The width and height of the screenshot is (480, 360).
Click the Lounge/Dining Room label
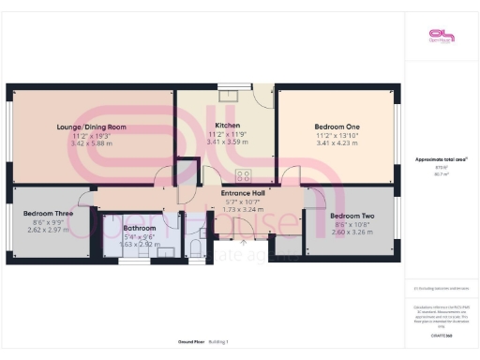pos(90,127)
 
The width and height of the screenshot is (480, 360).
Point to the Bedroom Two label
pos(352,216)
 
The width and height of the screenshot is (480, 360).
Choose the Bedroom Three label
pos(50,213)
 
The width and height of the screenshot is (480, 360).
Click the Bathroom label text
pos(140,228)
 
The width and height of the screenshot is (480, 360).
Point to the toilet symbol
pos(192,246)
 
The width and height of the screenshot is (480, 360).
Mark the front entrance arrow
pos(246,243)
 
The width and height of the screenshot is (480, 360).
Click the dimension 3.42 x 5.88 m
pos(90,143)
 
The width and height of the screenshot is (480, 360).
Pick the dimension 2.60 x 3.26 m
pos(352,232)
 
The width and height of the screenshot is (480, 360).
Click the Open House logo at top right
pos(441,37)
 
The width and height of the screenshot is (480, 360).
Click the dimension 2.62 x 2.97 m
pos(50,230)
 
